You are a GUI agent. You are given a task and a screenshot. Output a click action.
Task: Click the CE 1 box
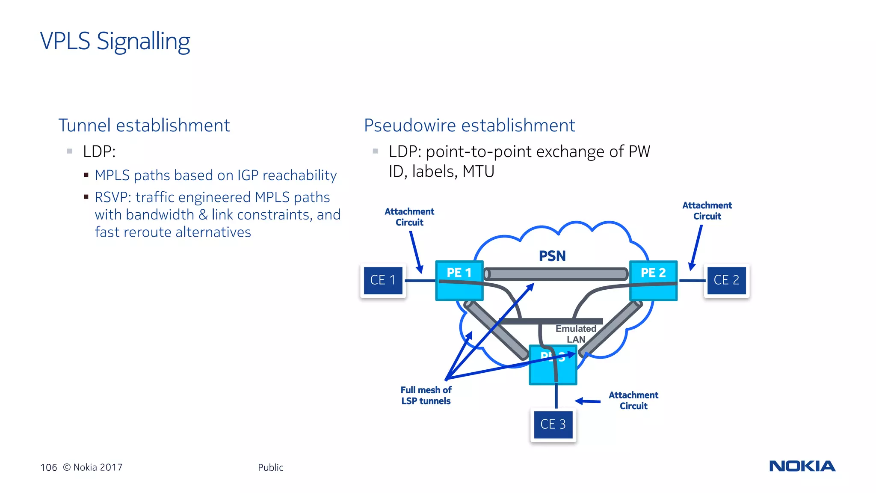pyautogui.click(x=383, y=280)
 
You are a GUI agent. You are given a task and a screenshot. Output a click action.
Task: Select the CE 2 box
pyautogui.click(x=726, y=280)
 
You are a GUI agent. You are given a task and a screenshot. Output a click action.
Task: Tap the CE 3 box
pyautogui.click(x=553, y=424)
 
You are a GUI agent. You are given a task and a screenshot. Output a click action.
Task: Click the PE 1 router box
pyautogui.click(x=459, y=280)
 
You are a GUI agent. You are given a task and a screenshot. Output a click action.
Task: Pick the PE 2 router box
pyautogui.click(x=653, y=280)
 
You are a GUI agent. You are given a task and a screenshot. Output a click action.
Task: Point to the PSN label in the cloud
pyautogui.click(x=552, y=256)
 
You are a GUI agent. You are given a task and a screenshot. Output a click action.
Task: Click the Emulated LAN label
pyautogui.click(x=576, y=334)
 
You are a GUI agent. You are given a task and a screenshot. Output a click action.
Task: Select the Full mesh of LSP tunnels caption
pyautogui.click(x=426, y=395)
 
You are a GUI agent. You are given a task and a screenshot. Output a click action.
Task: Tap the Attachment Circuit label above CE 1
pyautogui.click(x=409, y=217)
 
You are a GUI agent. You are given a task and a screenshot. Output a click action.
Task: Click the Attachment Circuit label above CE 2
pyautogui.click(x=707, y=211)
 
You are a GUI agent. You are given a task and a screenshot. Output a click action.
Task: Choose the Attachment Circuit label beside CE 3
pyautogui.click(x=633, y=401)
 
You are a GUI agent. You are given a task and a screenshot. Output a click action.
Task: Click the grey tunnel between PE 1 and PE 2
pyautogui.click(x=556, y=274)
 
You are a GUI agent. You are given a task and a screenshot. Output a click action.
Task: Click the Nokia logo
pyautogui.click(x=802, y=466)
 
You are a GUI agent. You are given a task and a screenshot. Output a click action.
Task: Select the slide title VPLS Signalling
pyautogui.click(x=115, y=42)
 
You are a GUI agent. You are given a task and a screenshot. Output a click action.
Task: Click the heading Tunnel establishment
pyautogui.click(x=144, y=125)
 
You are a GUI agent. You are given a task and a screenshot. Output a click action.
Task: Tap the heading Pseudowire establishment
pyautogui.click(x=469, y=125)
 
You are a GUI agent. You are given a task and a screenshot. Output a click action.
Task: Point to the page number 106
pyautogui.click(x=48, y=467)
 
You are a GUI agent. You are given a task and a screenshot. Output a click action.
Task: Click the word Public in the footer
pyautogui.click(x=270, y=467)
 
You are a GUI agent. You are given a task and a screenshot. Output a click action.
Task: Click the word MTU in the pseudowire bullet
pyautogui.click(x=478, y=172)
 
